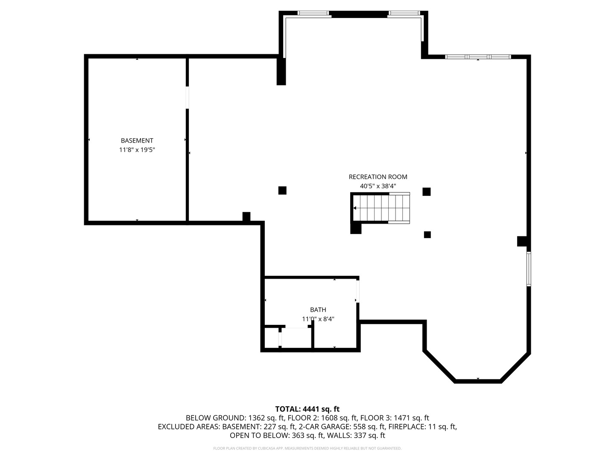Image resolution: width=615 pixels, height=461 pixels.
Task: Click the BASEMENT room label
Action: [x=137, y=140]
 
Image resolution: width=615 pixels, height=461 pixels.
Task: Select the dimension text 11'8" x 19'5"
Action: [x=137, y=150]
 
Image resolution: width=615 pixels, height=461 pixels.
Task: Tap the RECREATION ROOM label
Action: [x=378, y=177]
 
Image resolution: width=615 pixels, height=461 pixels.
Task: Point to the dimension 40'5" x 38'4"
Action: [x=378, y=186]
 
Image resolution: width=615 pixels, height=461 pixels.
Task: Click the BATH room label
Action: [x=318, y=310]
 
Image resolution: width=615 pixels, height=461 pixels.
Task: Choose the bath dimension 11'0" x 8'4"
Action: [x=318, y=319]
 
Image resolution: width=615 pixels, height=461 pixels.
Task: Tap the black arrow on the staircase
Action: [x=355, y=208]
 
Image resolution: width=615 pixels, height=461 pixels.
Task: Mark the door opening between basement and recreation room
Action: [x=187, y=97]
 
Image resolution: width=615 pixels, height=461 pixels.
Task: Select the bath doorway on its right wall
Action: [x=357, y=290]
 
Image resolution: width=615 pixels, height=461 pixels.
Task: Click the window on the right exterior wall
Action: [x=529, y=268]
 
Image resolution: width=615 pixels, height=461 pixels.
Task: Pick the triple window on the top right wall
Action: [x=478, y=57]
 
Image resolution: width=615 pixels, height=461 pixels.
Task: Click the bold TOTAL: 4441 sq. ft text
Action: [x=307, y=409]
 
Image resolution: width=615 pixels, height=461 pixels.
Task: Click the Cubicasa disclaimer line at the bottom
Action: [x=307, y=449]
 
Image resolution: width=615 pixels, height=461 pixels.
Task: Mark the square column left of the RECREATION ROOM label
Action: [x=282, y=190]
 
